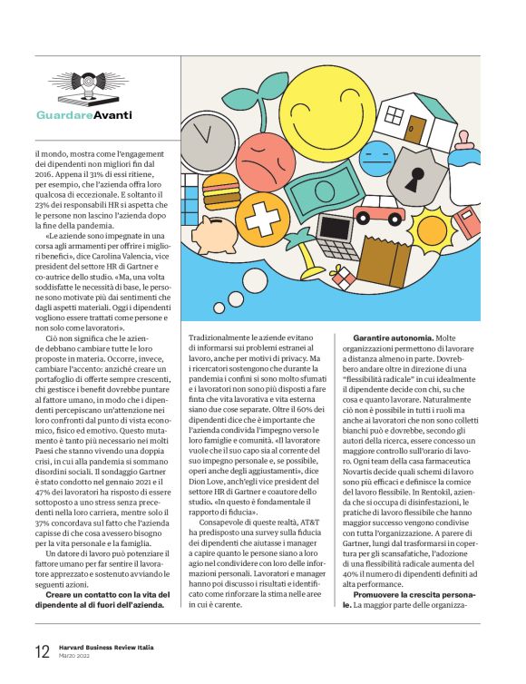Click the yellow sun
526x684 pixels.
click(x=437, y=229)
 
